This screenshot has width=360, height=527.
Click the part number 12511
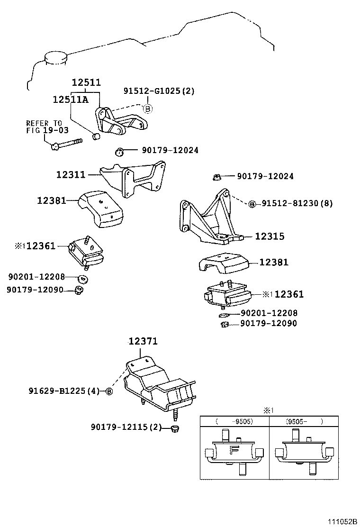tap(86, 82)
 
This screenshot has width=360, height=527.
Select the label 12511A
tap(71, 99)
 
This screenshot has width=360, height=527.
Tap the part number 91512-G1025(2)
tap(159, 91)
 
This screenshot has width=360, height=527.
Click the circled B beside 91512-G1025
tap(147, 109)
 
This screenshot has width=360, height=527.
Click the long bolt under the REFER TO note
tap(66, 143)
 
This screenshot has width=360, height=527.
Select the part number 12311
tap(71, 174)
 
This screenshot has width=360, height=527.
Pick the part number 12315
tap(270, 236)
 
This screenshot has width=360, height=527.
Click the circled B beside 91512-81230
tap(252, 204)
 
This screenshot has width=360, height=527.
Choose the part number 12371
tap(143, 341)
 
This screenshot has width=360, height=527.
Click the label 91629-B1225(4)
tap(64, 391)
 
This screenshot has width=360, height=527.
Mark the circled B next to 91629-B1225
tap(109, 391)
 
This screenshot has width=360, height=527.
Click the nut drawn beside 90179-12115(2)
tap(174, 428)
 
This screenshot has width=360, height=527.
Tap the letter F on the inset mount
tap(234, 450)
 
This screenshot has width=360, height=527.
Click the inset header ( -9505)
tap(234, 421)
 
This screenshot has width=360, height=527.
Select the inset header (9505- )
tap(304, 421)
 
